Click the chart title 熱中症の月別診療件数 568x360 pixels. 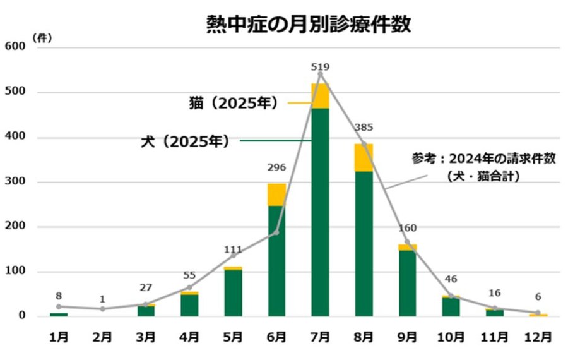[309, 24]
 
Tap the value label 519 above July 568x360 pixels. [321, 66]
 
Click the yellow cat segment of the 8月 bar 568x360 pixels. [364, 158]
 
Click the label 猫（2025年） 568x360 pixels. [234, 103]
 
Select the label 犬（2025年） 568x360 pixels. [185, 141]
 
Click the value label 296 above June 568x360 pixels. [276, 168]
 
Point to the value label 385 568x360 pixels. [364, 128]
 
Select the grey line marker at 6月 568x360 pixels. [276, 232]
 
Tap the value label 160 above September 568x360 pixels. [408, 228]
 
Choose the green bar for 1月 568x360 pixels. [59, 314]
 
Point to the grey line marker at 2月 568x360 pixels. [102, 309]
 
